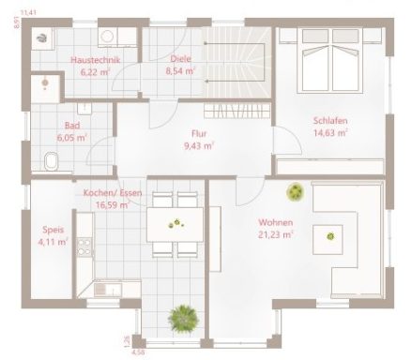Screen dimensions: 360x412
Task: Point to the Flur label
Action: (x=198, y=133)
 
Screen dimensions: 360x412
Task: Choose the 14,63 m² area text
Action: (x=329, y=133)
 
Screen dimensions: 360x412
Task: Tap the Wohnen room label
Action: (x=274, y=223)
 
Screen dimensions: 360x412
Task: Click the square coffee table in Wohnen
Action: (x=331, y=235)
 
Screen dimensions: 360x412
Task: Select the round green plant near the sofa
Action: (x=296, y=191)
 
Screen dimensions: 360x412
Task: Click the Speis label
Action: (x=52, y=229)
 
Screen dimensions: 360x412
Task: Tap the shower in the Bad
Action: (x=43, y=83)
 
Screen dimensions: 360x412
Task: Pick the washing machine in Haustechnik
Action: (x=43, y=37)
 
